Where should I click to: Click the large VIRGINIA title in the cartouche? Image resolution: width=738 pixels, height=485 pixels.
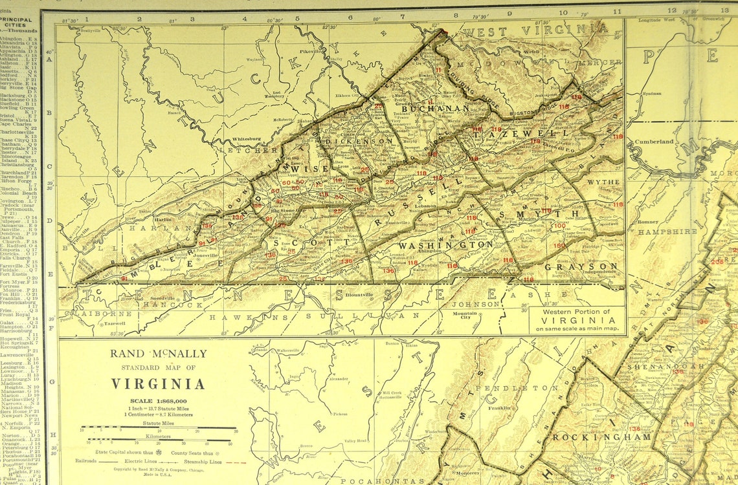coord(158,383)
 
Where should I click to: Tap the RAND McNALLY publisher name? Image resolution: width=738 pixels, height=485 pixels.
coord(158,354)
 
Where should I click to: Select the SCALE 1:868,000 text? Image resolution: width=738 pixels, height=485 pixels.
coord(158,401)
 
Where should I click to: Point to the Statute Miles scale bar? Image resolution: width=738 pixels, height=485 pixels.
coord(159,429)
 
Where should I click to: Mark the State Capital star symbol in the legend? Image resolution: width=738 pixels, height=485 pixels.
coord(159,452)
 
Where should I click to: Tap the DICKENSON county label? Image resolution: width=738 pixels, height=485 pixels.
coord(359,140)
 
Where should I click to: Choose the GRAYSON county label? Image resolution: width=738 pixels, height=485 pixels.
coord(581,266)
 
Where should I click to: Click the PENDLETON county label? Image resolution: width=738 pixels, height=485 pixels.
coord(528,388)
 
